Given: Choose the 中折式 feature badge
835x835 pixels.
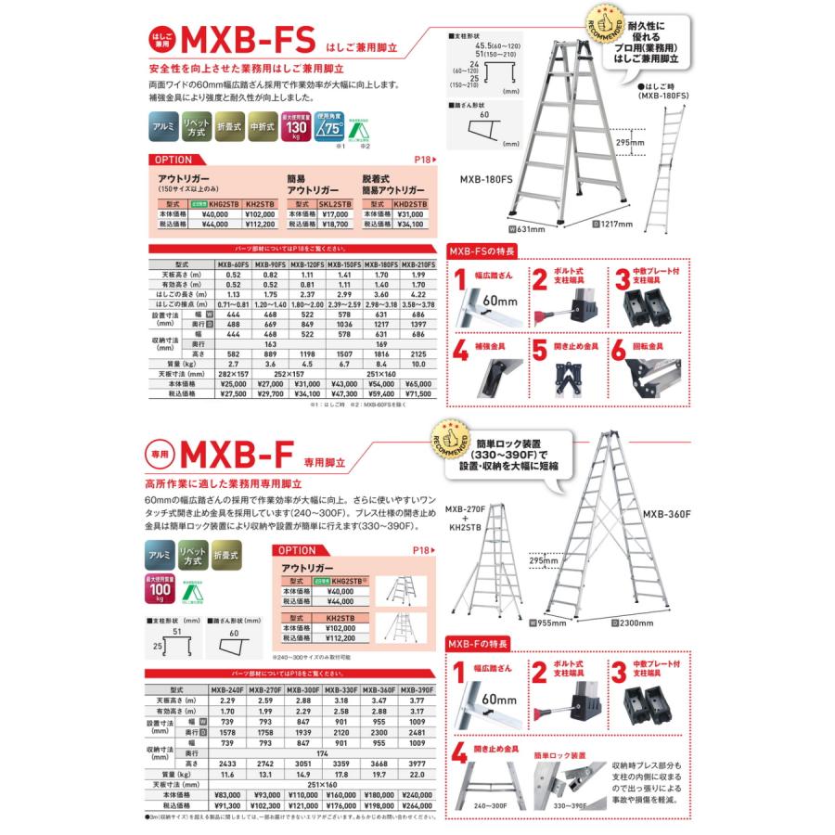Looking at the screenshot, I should pos(263,124).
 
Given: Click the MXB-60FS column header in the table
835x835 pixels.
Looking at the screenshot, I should pos(230,263).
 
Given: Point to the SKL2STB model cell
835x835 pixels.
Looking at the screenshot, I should pos(333,204).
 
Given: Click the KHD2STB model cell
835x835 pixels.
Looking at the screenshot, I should pos(409,204).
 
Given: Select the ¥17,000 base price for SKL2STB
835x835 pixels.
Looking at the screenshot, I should pos(333,214).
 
